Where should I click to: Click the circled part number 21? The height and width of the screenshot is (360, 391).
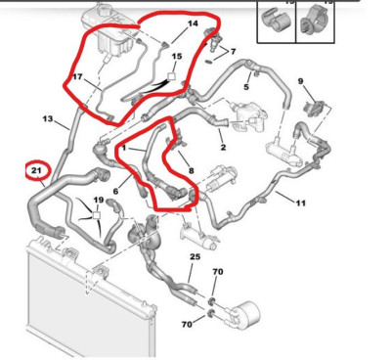pos(36,170)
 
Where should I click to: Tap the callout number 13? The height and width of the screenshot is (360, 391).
pos(48,118)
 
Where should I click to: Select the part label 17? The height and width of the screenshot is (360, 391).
pos(77,77)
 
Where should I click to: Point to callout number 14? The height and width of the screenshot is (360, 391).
pos(193,23)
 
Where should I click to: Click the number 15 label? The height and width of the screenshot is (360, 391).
pos(177,57)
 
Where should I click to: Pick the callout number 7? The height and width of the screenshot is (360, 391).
pos(233,52)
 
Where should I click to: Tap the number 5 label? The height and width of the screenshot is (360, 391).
pos(246,87)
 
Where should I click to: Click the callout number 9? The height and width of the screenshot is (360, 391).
pos(300,81)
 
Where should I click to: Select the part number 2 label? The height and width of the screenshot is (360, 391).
pos(223,148)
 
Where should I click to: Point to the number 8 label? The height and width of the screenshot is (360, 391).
pos(191,170)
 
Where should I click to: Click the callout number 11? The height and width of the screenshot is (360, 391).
pos(301,202)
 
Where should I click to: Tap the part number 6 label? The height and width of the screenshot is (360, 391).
pos(115,191)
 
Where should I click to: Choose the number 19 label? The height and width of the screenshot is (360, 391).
pos(99,200)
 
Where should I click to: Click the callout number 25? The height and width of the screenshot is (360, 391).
pos(195,257)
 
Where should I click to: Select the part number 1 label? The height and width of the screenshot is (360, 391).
pos(124,148)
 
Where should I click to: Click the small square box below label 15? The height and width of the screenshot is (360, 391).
pos(171,76)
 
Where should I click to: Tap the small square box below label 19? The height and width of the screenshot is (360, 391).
pos(96,215)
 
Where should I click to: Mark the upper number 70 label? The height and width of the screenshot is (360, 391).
pos(218,271)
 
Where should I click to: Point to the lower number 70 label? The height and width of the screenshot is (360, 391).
pos(187,324)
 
